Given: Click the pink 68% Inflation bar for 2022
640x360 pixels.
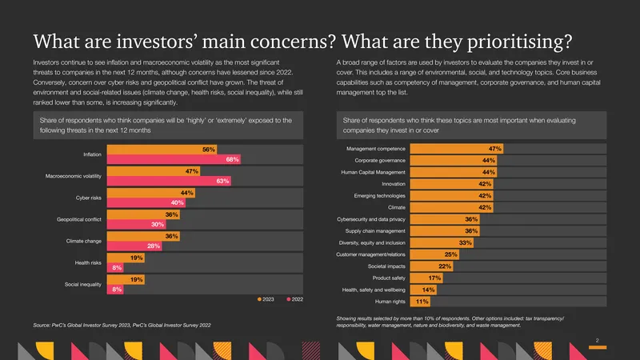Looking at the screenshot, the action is [x=174, y=159].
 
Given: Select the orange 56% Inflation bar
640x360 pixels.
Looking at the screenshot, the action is [x=162, y=150].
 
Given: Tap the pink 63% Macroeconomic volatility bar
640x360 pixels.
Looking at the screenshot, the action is [x=169, y=181].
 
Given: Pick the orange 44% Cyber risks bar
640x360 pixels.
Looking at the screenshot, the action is [x=151, y=193].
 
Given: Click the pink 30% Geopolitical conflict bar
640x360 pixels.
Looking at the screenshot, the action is [x=136, y=224].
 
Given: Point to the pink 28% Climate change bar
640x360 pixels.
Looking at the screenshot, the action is [x=134, y=246].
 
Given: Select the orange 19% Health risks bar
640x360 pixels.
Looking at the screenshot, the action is [x=126, y=258].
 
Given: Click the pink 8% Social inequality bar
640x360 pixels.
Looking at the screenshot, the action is [x=115, y=290].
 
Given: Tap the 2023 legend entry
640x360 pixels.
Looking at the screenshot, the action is [x=266, y=299].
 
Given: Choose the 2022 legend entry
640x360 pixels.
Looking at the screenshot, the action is [x=294, y=299].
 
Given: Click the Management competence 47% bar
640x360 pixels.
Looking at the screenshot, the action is [x=457, y=149].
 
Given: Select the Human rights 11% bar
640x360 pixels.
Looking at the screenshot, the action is [x=420, y=302].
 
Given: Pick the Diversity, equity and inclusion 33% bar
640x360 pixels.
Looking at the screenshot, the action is [x=442, y=242].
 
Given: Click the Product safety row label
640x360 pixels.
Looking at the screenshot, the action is [x=389, y=278].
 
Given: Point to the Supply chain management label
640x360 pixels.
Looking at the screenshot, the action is [x=375, y=231].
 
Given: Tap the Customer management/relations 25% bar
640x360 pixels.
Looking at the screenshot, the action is [x=434, y=254].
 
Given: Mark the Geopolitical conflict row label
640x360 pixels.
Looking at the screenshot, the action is [x=79, y=219].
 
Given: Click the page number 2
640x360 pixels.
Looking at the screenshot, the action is [x=597, y=341].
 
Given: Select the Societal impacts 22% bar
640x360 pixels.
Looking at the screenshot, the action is [x=431, y=266].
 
